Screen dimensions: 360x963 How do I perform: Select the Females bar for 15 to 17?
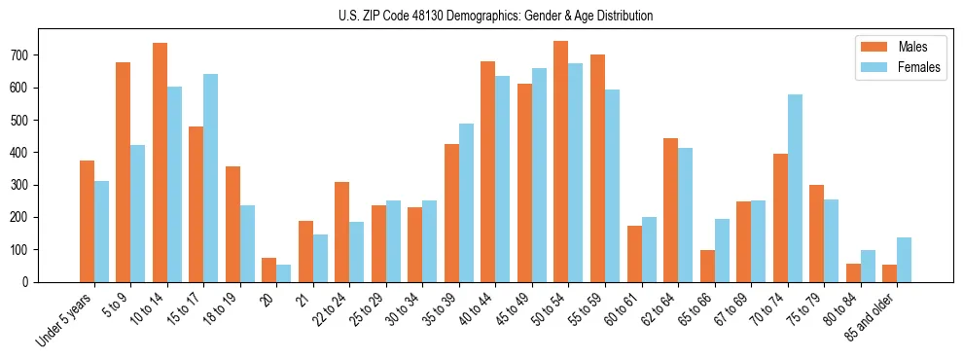pos(211,178)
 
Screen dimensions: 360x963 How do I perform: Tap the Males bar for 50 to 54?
pos(560,162)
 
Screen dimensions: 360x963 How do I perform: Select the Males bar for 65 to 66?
pos(707,266)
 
